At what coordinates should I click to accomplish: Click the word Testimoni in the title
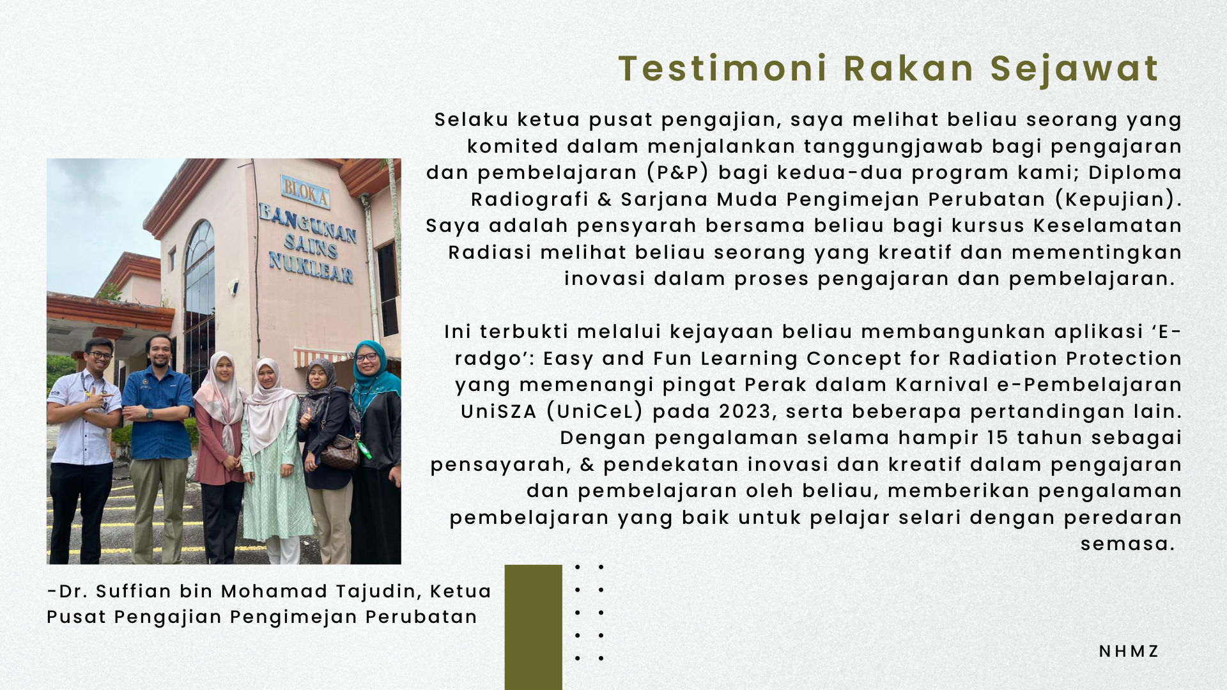(x=723, y=68)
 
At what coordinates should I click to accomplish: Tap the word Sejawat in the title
(x=1074, y=68)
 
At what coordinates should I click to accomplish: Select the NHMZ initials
(x=1129, y=651)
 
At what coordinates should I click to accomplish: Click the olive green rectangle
(x=533, y=626)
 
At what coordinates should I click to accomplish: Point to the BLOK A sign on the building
(x=305, y=192)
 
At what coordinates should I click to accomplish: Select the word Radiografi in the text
(x=529, y=199)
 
